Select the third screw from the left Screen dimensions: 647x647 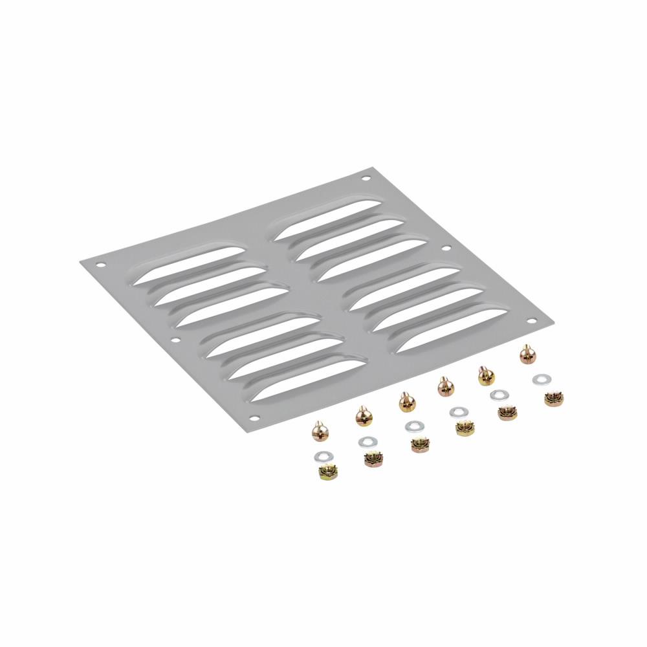[x=406, y=403]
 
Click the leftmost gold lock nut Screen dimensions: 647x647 [x=328, y=473]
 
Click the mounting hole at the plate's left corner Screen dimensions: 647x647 [x=100, y=265]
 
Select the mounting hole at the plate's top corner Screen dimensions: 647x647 [x=366, y=178]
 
